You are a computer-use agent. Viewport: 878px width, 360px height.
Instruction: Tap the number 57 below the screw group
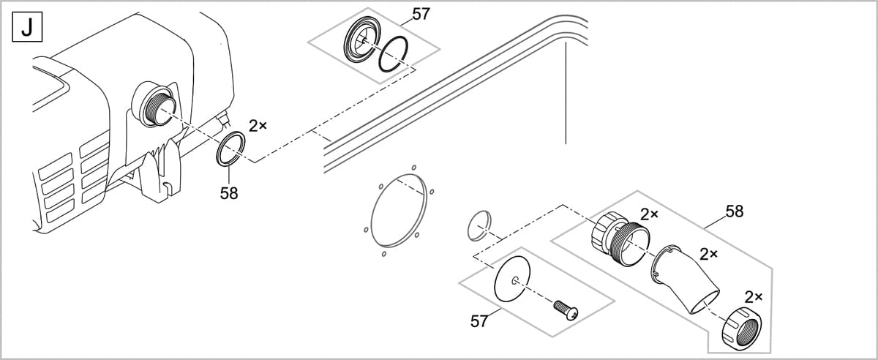[x=479, y=321]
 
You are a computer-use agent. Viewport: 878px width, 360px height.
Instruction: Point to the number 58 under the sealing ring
[x=229, y=194]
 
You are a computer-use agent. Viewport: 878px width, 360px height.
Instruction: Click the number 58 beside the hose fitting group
[x=734, y=211]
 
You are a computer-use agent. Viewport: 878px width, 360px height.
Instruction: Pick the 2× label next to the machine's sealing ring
[x=258, y=125]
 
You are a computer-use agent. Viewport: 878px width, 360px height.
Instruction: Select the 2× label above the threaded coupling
[x=650, y=214]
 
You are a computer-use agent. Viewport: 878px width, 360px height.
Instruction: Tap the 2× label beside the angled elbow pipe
[x=708, y=254]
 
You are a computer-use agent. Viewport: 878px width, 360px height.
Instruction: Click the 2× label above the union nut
[x=754, y=296]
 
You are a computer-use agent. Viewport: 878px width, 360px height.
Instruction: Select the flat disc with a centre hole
[x=515, y=280]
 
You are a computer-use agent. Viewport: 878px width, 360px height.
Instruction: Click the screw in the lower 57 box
[x=566, y=309]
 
